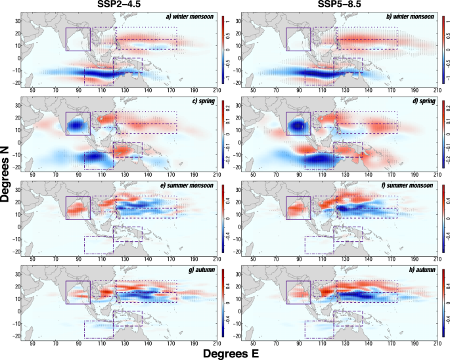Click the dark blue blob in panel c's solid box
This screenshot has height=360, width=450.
pyautogui.click(x=78, y=124)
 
